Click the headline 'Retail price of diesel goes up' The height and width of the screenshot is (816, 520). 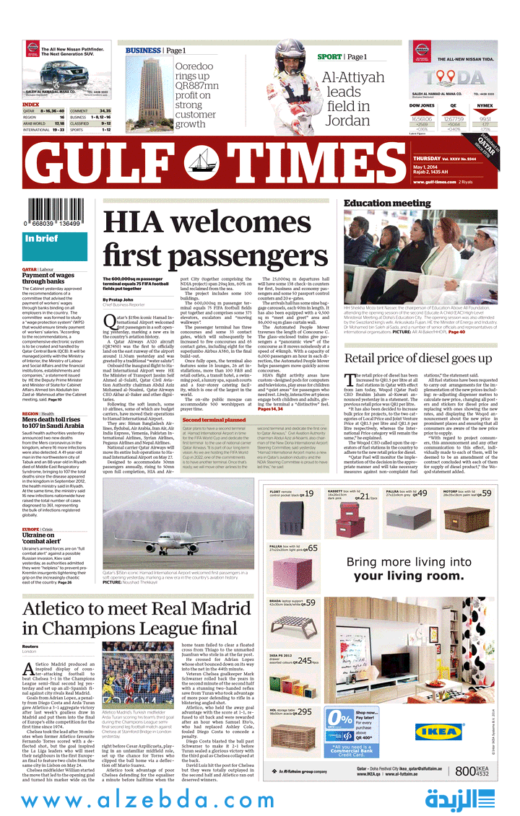pos(417,358)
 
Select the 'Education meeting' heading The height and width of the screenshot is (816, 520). pos(387,203)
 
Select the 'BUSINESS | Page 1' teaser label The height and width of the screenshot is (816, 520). pos(155,51)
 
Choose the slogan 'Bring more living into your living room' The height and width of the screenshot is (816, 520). pos(404,569)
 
